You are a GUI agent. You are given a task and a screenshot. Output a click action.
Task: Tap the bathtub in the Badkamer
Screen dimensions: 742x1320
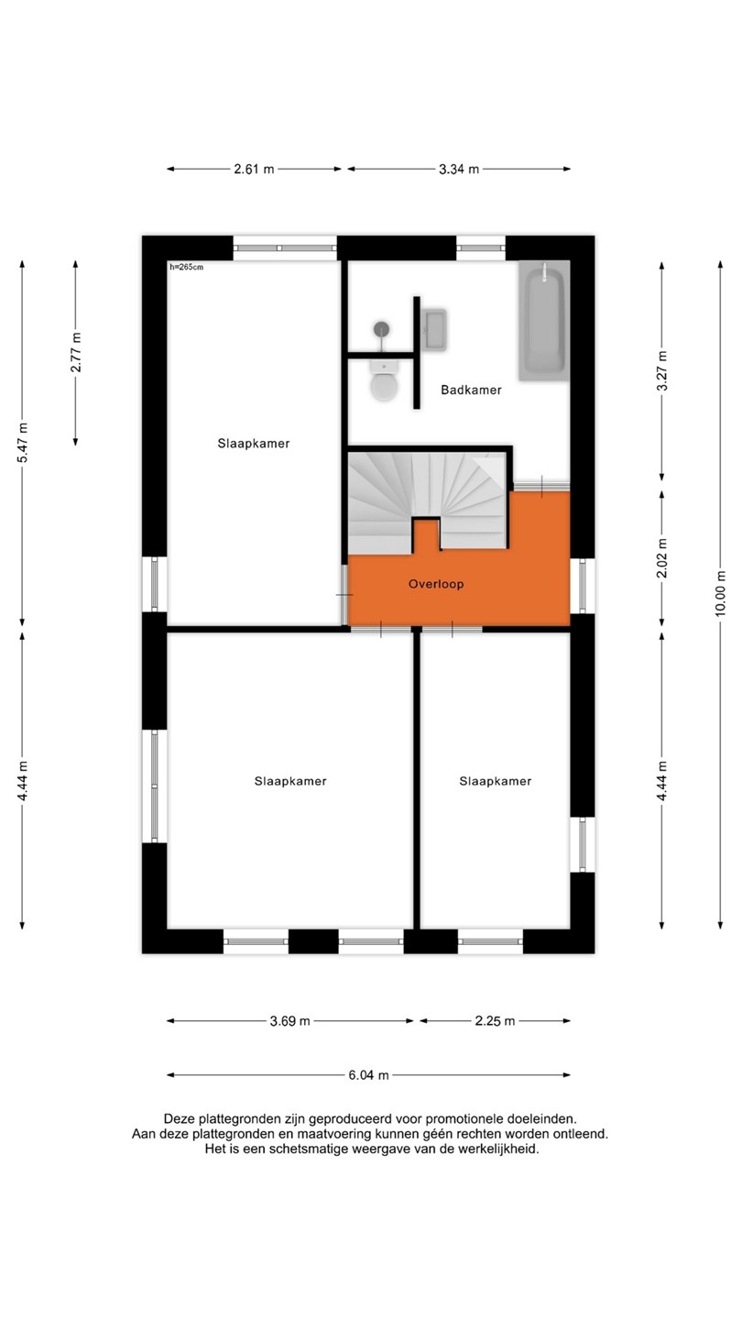(544, 320)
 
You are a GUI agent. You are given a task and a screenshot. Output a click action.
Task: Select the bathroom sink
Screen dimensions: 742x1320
(434, 329)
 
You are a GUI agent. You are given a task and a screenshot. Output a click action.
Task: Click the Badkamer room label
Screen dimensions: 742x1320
(471, 390)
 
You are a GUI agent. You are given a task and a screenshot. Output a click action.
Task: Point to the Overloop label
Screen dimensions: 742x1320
(436, 584)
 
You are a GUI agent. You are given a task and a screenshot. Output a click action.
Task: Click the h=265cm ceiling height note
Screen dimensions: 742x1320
(187, 267)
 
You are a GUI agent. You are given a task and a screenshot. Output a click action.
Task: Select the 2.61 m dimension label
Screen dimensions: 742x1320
(254, 169)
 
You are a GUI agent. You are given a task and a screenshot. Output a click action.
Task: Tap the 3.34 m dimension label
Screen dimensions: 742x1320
(459, 169)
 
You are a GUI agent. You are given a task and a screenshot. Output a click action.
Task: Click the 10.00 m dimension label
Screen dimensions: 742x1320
(720, 593)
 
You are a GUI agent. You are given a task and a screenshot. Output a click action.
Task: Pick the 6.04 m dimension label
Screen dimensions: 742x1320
(368, 1075)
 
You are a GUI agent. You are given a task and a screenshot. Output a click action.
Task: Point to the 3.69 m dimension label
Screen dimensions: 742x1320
(289, 1020)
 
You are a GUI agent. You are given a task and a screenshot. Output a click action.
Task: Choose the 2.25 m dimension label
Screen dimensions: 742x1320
(495, 1020)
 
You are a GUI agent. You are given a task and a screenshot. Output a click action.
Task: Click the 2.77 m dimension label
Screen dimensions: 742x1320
(76, 352)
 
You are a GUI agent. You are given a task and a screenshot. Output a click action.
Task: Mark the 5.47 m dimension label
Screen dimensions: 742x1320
(22, 443)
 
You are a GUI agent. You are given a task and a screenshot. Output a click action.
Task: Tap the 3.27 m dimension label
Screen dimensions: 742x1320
(662, 370)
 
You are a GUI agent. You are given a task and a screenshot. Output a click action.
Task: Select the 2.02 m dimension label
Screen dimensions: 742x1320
(662, 558)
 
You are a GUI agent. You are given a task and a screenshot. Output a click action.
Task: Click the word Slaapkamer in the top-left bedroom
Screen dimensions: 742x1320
(253, 443)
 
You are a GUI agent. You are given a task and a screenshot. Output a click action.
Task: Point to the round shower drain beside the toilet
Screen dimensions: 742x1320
(382, 328)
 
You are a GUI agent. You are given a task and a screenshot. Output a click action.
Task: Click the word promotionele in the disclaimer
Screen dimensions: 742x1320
(458, 1118)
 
